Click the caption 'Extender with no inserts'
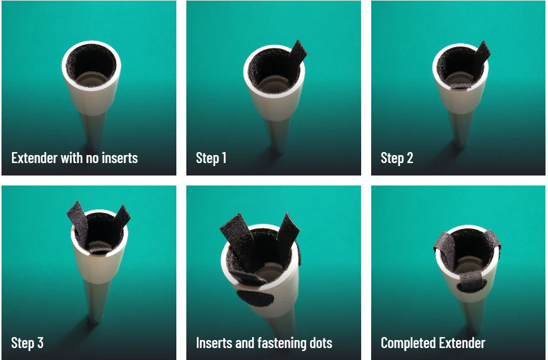(x=74, y=158)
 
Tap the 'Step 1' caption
(x=211, y=158)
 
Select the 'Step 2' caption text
(x=397, y=158)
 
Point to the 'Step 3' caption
(x=27, y=343)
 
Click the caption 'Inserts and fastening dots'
(x=264, y=343)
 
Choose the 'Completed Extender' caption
(x=432, y=343)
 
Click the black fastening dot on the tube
(x=255, y=299)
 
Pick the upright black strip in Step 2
(x=482, y=56)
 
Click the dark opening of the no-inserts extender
(x=91, y=65)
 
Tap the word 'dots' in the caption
(x=321, y=343)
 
